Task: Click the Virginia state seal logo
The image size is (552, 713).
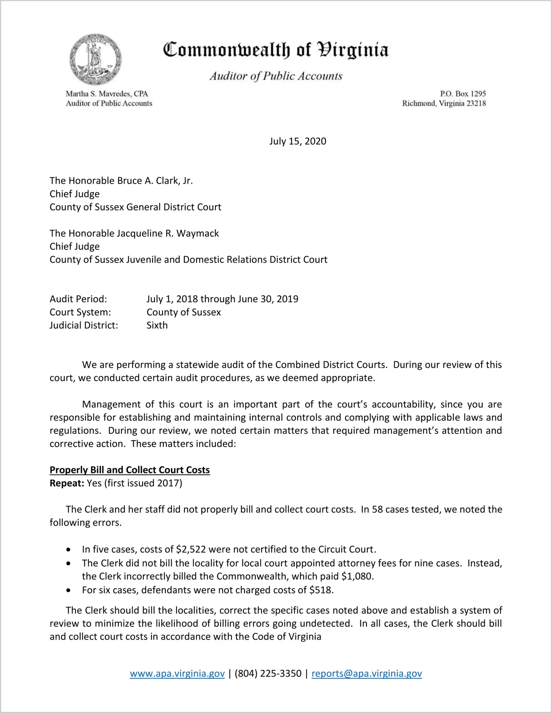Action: tap(95, 59)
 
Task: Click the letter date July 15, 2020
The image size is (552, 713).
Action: tap(297, 141)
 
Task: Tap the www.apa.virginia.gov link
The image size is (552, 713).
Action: tap(177, 673)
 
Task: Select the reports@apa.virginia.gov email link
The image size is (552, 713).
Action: tap(367, 673)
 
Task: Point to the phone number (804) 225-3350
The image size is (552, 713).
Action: tap(268, 673)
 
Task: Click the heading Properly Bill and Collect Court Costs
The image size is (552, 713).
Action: tap(130, 470)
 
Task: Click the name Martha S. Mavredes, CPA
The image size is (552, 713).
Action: tap(107, 94)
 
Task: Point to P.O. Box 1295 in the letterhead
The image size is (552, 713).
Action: tap(463, 94)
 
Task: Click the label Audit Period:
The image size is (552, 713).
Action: tap(78, 299)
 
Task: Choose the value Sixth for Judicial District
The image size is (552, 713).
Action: tap(157, 325)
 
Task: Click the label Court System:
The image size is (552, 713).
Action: tap(80, 312)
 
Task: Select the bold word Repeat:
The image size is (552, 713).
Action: tap(67, 483)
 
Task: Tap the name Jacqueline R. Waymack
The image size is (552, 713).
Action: tap(168, 233)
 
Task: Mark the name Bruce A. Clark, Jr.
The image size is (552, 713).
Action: tap(155, 181)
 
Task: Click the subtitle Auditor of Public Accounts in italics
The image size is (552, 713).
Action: tap(276, 76)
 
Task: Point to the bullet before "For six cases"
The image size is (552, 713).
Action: tap(68, 590)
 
